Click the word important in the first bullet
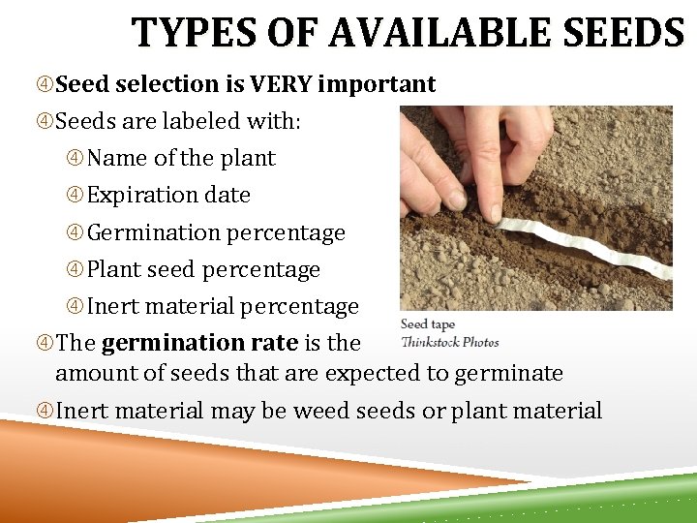(377, 85)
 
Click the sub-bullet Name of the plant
(181, 158)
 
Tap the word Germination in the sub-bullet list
(154, 232)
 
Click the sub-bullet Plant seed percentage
(203, 269)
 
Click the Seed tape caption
(427, 324)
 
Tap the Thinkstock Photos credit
(449, 341)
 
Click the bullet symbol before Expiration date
(76, 196)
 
